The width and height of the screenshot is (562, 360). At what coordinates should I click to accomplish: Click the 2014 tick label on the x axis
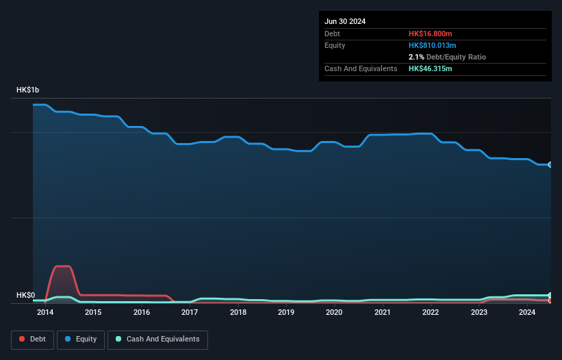(45, 313)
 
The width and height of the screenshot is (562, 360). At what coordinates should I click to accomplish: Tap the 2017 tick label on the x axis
(190, 313)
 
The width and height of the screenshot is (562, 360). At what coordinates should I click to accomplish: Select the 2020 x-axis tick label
(334, 313)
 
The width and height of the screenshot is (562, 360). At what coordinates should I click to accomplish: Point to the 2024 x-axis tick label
(527, 313)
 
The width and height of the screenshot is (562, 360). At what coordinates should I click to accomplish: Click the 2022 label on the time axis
(431, 313)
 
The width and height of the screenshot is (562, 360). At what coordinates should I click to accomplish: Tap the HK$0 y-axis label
(25, 295)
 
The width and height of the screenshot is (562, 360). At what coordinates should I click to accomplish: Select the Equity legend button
(81, 339)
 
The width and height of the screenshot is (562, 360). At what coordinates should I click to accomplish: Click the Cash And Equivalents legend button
(157, 339)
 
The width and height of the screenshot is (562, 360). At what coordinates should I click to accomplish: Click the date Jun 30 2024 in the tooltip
(345, 21)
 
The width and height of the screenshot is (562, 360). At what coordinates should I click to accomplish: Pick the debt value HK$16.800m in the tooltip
(431, 34)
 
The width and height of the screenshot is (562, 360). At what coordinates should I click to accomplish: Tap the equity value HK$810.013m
(432, 45)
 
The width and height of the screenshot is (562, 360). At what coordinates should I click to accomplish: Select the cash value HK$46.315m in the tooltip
(431, 68)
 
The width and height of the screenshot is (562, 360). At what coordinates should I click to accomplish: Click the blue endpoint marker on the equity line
(550, 164)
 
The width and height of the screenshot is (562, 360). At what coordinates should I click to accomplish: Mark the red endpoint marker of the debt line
(550, 300)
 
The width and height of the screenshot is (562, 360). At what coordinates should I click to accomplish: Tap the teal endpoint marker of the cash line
(550, 295)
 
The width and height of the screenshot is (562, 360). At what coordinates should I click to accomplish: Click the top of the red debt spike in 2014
(62, 266)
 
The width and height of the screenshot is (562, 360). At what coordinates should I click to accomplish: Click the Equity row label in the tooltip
(335, 45)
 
